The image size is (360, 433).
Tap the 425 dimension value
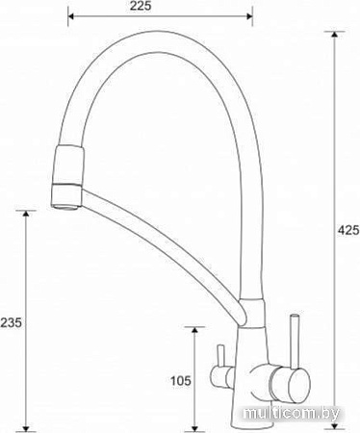click(347, 229)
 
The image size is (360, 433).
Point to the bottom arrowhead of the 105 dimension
click(194, 423)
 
